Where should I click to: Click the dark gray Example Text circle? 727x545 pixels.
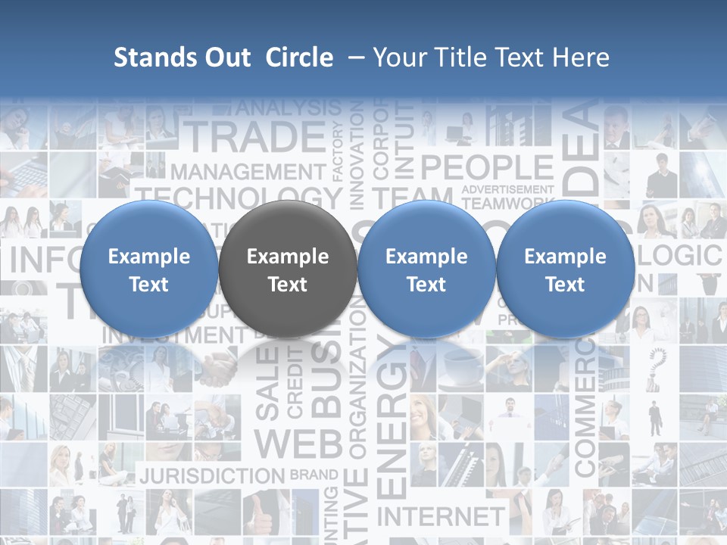287,269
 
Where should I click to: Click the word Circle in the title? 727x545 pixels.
299,58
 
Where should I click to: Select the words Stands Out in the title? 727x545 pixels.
182,58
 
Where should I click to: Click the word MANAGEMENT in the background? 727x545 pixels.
248,173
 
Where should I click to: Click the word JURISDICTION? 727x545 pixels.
212,476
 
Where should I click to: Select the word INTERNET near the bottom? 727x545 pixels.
440,517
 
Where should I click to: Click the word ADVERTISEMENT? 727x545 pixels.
507,188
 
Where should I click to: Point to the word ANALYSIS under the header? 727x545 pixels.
289,108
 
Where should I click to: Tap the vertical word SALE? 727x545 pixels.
267,385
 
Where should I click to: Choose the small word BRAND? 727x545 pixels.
314,475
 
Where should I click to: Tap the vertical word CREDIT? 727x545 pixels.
295,382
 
